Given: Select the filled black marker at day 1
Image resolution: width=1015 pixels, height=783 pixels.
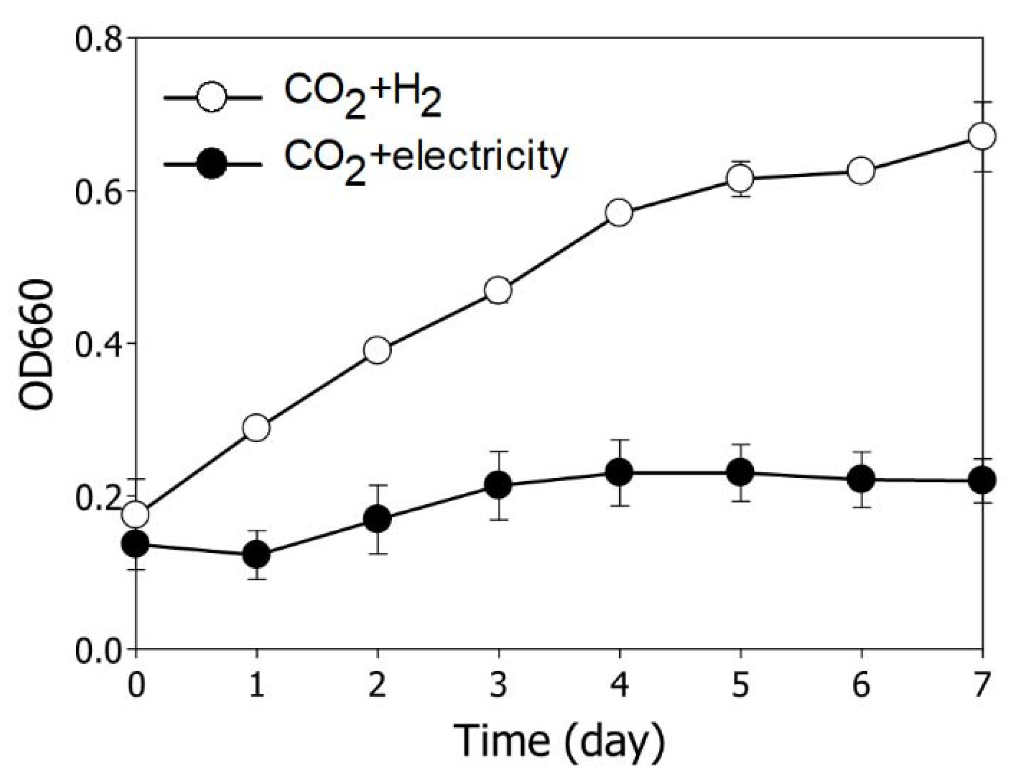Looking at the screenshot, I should click(256, 555).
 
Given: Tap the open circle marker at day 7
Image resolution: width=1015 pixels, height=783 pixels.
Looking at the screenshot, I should click(982, 137).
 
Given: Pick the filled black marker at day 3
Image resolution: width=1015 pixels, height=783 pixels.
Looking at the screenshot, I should click(498, 484).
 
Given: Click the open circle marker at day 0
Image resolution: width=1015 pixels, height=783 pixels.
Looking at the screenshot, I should click(136, 514).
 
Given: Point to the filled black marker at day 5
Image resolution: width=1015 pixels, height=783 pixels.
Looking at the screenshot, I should click(740, 472).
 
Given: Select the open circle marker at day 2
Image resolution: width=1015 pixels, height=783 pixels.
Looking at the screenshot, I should click(377, 350).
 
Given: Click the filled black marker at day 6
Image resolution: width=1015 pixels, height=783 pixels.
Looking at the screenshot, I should click(861, 479).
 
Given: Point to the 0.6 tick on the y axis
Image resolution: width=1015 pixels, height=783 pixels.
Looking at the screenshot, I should click(100, 191).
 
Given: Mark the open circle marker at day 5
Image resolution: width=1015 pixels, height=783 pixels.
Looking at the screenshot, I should click(740, 178).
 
